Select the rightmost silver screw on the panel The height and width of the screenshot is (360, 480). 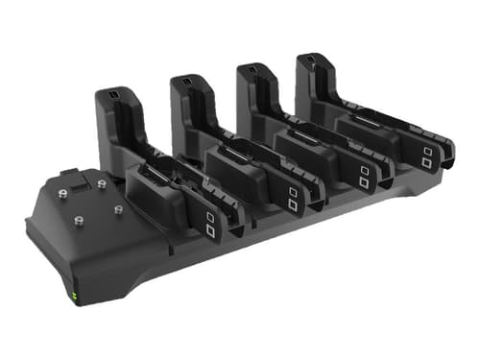(x=119, y=208)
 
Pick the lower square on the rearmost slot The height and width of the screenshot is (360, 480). (x=425, y=162)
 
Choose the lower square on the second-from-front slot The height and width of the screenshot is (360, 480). (x=292, y=204)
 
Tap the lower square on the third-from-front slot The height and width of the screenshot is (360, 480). (x=364, y=182)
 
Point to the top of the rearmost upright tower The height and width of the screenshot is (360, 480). (x=309, y=59)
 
